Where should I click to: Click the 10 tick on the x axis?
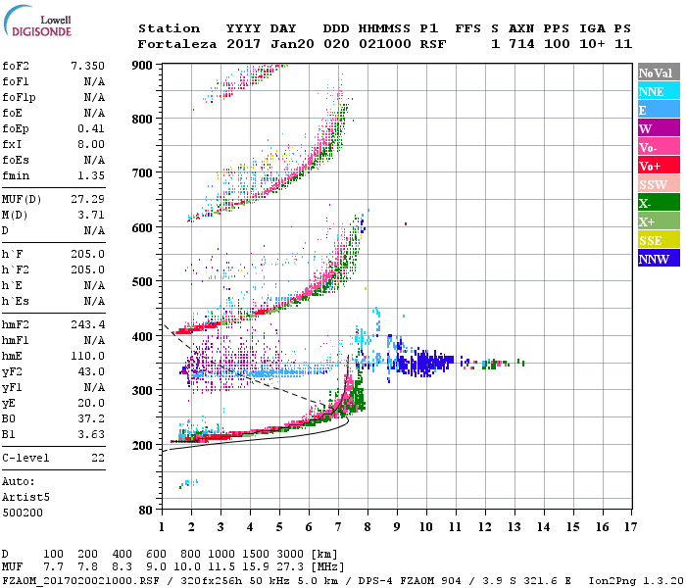[425, 526]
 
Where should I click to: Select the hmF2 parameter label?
[17, 323]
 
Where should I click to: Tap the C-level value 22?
[97, 459]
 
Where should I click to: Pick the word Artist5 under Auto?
[24, 498]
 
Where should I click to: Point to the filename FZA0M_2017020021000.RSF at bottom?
[72, 580]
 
